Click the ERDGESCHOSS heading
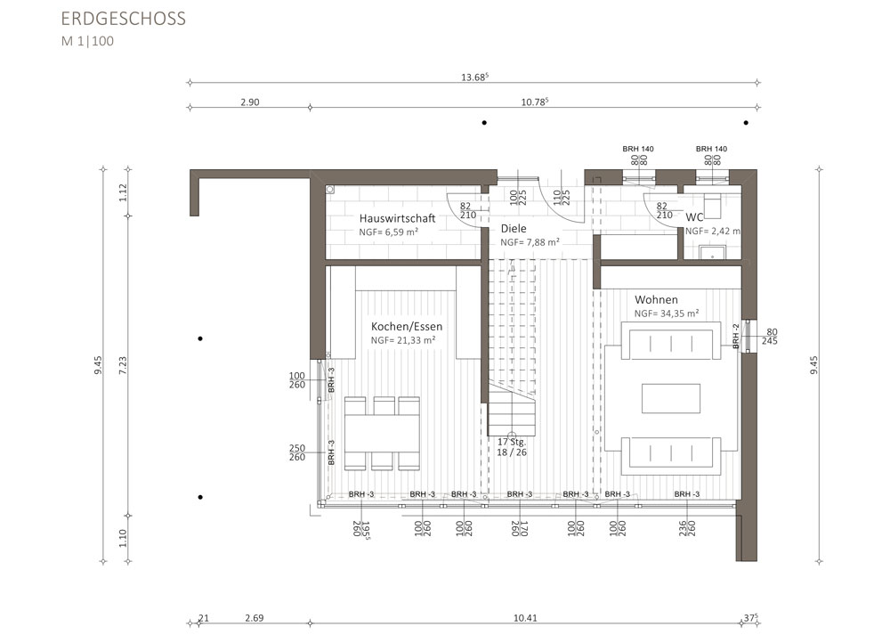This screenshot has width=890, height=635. (x=123, y=19)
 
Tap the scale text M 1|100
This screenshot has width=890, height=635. (x=87, y=41)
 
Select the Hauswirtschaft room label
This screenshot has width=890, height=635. (x=397, y=218)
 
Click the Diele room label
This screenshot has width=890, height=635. (x=514, y=228)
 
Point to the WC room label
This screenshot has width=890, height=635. (x=695, y=217)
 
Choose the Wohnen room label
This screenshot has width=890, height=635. (x=656, y=299)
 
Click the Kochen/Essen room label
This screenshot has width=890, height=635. (x=407, y=327)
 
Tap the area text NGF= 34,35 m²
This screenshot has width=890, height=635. (x=667, y=313)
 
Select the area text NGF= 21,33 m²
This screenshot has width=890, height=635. (x=403, y=340)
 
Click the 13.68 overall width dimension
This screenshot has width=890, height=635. (x=474, y=77)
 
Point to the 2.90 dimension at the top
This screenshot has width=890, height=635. (x=250, y=102)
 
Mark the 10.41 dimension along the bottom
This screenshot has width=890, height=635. (x=525, y=618)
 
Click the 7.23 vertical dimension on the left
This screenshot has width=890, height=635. (x=123, y=365)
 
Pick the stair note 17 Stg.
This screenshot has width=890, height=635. (x=512, y=442)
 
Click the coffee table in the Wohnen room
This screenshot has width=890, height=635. (x=671, y=398)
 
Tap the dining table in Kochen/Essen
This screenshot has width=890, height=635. (x=382, y=434)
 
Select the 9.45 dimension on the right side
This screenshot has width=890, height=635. (x=814, y=365)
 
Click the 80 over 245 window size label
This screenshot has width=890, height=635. (x=770, y=337)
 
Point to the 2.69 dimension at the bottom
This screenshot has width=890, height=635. (x=254, y=618)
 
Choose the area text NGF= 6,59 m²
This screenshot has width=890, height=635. (x=389, y=232)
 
